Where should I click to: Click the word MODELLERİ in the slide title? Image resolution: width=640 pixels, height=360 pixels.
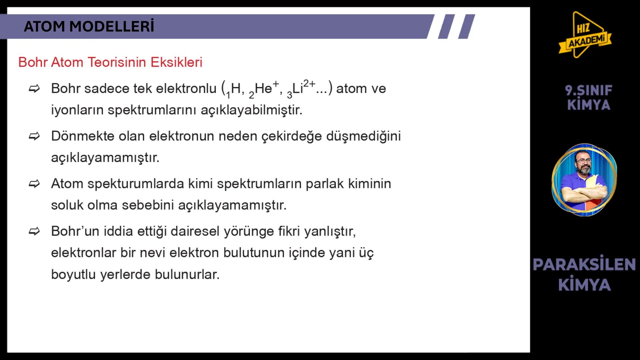point(112,26)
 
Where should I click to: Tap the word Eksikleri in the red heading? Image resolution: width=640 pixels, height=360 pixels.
point(176,62)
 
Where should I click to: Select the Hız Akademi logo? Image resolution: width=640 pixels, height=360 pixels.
point(585,35)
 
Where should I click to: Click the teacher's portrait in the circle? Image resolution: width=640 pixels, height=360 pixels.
point(584,180)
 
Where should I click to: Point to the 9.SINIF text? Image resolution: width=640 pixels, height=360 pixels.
point(589,90)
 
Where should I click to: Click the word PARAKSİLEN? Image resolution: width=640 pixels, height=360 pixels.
point(584,264)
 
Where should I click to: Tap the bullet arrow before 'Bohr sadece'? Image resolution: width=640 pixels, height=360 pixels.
point(34,89)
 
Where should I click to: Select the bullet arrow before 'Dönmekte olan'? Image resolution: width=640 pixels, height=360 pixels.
point(34,136)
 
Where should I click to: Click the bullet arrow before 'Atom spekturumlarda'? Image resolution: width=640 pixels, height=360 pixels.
point(34,184)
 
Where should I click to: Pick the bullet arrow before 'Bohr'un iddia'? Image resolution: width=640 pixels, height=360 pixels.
point(34,231)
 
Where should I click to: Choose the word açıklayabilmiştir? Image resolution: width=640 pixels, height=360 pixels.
point(251,110)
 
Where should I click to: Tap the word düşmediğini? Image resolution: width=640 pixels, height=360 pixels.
point(363,137)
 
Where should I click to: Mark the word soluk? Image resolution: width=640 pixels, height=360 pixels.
point(67,205)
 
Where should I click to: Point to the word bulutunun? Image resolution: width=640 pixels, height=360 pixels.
point(254,253)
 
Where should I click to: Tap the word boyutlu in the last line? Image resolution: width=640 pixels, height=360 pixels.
point(73,275)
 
